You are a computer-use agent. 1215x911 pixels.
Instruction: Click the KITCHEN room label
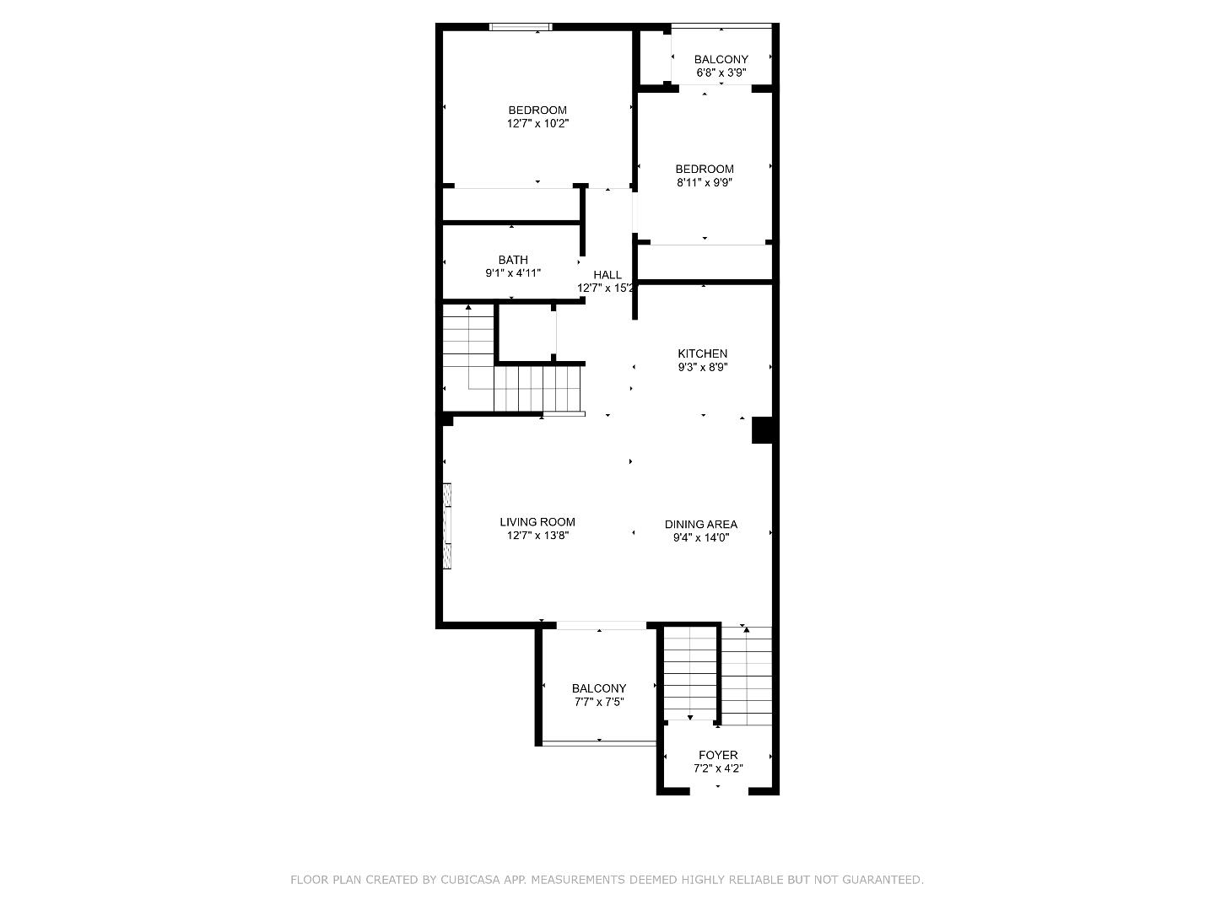pos(702,353)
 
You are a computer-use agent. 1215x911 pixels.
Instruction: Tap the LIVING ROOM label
pos(537,522)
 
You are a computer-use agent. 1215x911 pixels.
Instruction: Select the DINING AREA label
pos(700,524)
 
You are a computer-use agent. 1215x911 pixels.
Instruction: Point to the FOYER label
pos(718,755)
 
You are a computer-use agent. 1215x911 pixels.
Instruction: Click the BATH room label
pos(512,260)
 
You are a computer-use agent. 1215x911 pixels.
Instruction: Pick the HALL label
pos(607,275)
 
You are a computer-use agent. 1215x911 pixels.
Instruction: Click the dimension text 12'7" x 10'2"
pos(537,123)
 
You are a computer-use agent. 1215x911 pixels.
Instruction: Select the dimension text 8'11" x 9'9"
pos(704,182)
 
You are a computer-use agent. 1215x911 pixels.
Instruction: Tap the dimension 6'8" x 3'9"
pos(721,73)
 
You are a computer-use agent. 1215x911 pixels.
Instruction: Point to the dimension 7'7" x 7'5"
pos(598,702)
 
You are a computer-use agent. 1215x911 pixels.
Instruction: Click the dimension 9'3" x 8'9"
pos(702,367)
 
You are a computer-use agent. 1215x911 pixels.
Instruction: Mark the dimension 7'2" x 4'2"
pos(718,768)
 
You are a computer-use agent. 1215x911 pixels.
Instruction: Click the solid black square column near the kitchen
pos(763,430)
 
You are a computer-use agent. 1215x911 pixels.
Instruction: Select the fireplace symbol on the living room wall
pos(447,526)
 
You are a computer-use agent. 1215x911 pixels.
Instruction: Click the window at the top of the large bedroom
pos(521,27)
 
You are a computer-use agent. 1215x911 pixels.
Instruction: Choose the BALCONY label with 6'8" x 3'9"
pos(721,59)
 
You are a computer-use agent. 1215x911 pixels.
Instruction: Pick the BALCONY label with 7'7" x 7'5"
pos(598,688)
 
